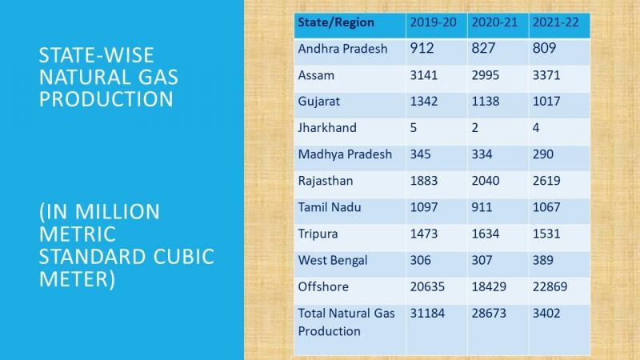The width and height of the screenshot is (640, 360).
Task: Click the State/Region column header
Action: click(336, 22)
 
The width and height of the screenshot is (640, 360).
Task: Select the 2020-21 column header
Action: click(494, 22)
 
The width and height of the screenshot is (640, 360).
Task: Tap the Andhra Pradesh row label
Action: click(342, 49)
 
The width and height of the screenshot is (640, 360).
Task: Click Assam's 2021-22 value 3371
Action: click(546, 75)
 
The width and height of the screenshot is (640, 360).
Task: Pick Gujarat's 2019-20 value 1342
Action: click(424, 102)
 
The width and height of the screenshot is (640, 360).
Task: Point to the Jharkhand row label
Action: click(327, 128)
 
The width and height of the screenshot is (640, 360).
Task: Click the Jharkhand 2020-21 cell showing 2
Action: click(474, 128)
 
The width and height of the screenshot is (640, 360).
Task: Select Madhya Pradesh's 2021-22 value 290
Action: click(543, 154)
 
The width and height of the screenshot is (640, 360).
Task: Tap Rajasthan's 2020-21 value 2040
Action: click(486, 181)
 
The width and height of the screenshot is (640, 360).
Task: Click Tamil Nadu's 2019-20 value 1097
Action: click(424, 207)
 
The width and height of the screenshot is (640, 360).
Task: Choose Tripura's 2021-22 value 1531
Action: click(546, 234)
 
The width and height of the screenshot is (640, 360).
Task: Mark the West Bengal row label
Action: click(333, 261)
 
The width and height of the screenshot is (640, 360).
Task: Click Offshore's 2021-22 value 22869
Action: click(550, 286)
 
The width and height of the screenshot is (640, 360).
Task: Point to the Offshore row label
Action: click(323, 286)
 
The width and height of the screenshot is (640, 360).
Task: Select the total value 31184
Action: click(427, 313)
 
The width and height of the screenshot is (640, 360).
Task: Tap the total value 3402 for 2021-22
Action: click(546, 313)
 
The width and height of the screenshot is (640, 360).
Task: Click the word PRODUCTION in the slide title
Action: click(106, 99)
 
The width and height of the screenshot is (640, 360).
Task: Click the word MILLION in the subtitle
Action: click(117, 212)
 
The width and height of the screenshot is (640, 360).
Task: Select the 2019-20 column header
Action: click(433, 22)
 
